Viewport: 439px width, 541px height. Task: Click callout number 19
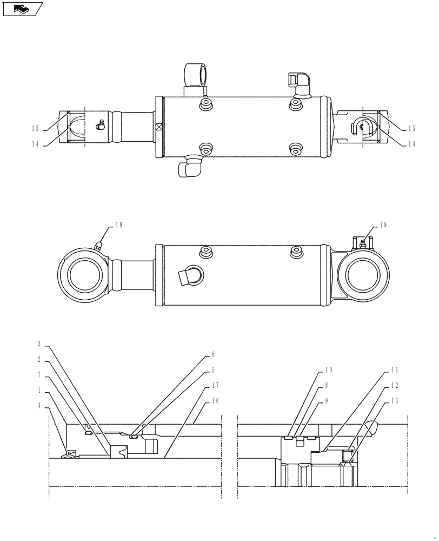pos(119,225)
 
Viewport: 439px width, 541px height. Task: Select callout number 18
pos(383,225)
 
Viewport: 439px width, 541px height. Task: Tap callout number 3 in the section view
pos(39,344)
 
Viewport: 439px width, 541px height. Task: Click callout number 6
pos(212,355)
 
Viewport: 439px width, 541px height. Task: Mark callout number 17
pos(216,385)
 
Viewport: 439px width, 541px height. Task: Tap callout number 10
pos(328,371)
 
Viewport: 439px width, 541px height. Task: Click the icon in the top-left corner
pos(22,9)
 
